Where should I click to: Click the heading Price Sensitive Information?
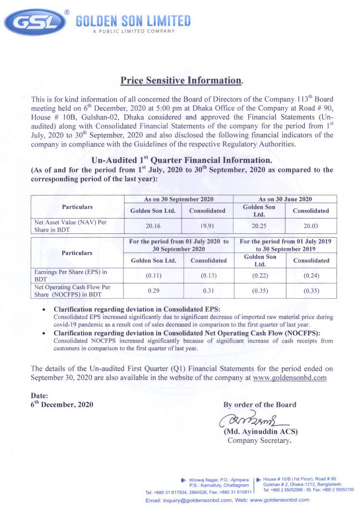[x=180, y=80]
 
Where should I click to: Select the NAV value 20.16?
[x=153, y=226]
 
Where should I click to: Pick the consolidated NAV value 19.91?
[x=207, y=226]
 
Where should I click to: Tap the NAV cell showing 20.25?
[x=260, y=226]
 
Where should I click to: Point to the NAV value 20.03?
[x=310, y=226]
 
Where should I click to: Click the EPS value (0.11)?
[x=153, y=276]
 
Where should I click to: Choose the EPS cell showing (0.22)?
[x=260, y=276]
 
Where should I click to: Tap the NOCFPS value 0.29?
[x=153, y=291]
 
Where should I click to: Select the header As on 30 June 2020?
[x=285, y=199]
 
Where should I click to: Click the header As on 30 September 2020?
[x=179, y=199]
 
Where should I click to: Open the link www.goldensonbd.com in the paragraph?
[x=289, y=378]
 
